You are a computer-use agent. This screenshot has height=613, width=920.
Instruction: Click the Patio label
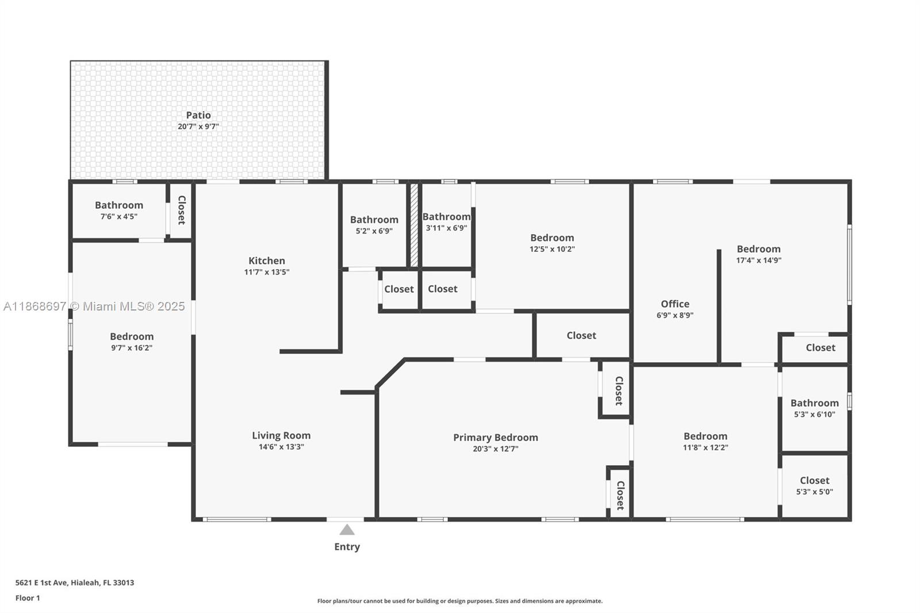coord(198,115)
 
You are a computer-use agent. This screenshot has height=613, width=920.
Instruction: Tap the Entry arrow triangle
coord(347,530)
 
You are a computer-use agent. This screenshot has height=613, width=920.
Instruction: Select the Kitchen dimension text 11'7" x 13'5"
coord(267,272)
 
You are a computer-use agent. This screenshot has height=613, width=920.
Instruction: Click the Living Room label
coord(281,435)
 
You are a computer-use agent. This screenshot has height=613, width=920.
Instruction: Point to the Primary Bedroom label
coord(496,437)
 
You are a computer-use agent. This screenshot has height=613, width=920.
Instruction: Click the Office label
coord(675,304)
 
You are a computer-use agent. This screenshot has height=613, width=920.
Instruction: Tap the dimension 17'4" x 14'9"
coord(758,260)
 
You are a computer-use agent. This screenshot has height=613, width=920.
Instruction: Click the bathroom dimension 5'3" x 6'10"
coord(814,414)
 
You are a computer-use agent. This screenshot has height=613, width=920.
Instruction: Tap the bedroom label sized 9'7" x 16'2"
coord(132,336)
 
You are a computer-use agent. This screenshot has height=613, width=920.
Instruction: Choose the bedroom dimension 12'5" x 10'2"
coord(552,249)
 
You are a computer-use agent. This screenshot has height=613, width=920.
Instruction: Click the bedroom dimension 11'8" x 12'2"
coord(706,447)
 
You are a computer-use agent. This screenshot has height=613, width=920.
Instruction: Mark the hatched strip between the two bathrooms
coord(414,225)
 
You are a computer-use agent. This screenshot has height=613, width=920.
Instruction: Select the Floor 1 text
coord(28,598)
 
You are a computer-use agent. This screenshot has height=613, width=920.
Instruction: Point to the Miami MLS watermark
coord(94,306)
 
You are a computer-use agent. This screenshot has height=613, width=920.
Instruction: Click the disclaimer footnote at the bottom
coord(460,601)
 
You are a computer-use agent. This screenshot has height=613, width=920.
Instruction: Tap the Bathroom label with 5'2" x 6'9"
coord(374,220)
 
